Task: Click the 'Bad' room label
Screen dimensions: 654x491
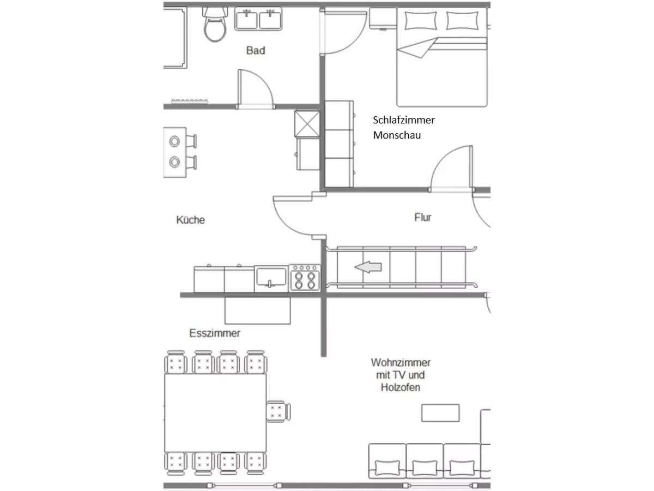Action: coord(256,50)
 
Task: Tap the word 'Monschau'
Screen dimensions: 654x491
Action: coord(397,135)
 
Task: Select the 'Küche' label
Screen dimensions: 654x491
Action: coord(190,220)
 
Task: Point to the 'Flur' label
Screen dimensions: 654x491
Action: coord(422,217)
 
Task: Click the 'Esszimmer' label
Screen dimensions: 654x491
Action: coord(215,333)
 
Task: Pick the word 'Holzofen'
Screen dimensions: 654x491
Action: coord(401,387)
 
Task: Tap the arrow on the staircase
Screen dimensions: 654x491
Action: coord(368,267)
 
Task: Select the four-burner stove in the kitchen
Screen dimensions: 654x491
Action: coord(305,278)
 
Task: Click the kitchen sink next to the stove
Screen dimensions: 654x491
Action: coord(271,278)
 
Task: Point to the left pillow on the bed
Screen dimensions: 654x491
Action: coord(420,21)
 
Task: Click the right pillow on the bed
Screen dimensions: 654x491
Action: coord(462,21)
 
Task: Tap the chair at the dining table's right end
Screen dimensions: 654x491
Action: coord(278,411)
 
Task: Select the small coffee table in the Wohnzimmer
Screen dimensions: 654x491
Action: coord(440,413)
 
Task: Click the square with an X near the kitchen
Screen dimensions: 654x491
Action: coord(307,124)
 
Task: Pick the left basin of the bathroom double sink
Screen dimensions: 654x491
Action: coord(246,20)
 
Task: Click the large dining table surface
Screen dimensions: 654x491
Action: coord(215,412)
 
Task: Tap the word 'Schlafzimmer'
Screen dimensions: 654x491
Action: coord(404,120)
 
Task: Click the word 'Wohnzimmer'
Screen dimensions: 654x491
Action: coord(401,362)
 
